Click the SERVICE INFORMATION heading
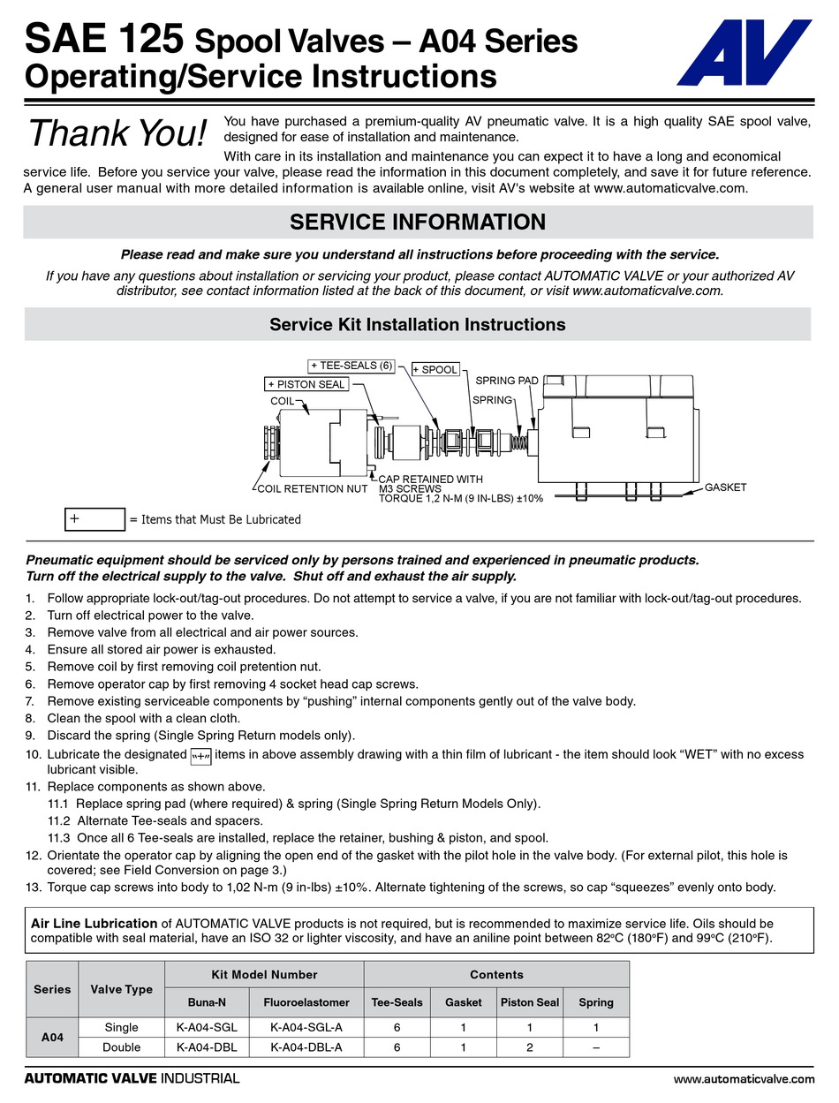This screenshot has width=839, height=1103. coord(417,222)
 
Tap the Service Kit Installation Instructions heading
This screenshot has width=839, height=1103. coord(417,324)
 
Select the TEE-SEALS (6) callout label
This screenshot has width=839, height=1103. coord(351,366)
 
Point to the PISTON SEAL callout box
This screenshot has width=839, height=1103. coord(306,384)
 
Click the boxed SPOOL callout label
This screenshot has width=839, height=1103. coord(435,369)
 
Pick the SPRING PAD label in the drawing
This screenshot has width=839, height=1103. coord(507,381)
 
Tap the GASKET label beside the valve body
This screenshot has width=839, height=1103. coord(725,487)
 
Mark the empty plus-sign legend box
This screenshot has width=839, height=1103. coord(94,519)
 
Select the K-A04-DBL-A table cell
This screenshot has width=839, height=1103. coord(306,1047)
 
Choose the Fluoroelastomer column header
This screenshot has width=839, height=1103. coord(306,1002)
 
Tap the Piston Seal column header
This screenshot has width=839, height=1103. coord(530,1002)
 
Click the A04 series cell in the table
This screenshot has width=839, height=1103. coord(52,1038)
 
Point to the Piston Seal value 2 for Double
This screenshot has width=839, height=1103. coord(530,1047)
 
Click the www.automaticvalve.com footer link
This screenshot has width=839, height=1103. coord(744,1078)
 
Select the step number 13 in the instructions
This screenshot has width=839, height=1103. coord(33,887)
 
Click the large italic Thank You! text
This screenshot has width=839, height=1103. coord(118,133)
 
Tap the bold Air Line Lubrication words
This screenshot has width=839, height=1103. coord(94,923)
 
